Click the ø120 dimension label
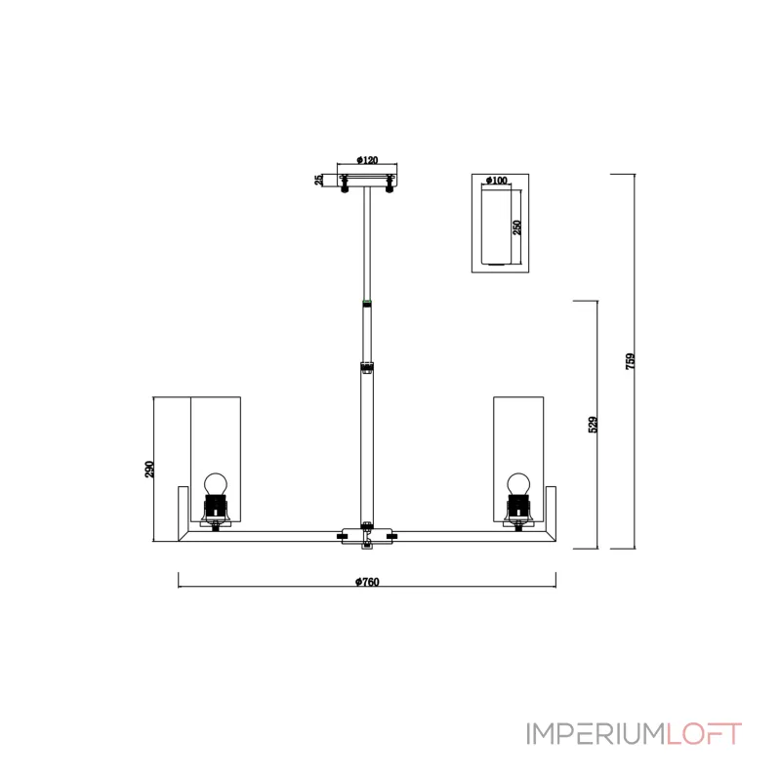point(367,160)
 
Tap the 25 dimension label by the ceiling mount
point(319,180)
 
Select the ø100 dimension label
point(496,181)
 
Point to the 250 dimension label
point(517,227)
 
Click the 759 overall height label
point(630,361)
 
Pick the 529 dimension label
point(593,425)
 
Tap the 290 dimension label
point(149,470)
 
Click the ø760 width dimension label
point(367,582)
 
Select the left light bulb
point(216,484)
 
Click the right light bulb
point(518,484)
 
